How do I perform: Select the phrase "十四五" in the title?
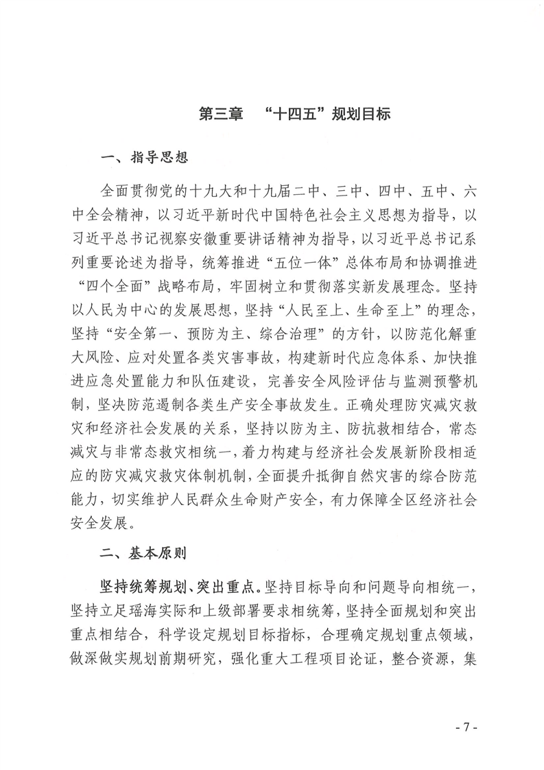[x=293, y=113]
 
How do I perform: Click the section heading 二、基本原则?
[x=144, y=550]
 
